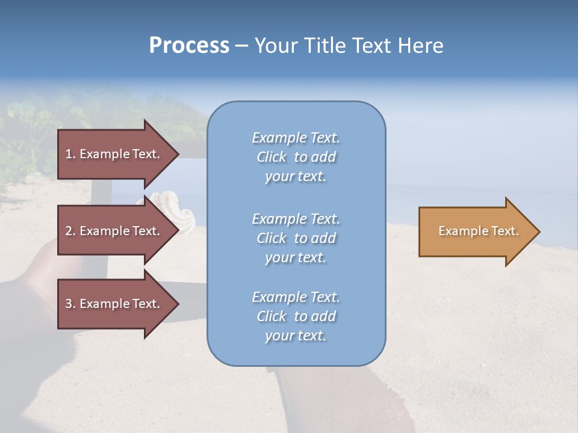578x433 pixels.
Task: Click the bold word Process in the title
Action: coord(189,46)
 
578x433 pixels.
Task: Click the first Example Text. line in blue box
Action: coord(296,138)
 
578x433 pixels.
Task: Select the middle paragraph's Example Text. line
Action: coord(296,218)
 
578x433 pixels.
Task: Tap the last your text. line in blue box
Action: coord(296,336)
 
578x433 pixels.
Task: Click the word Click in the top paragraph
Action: coord(272,157)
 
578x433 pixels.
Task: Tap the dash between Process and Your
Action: coord(241,46)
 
